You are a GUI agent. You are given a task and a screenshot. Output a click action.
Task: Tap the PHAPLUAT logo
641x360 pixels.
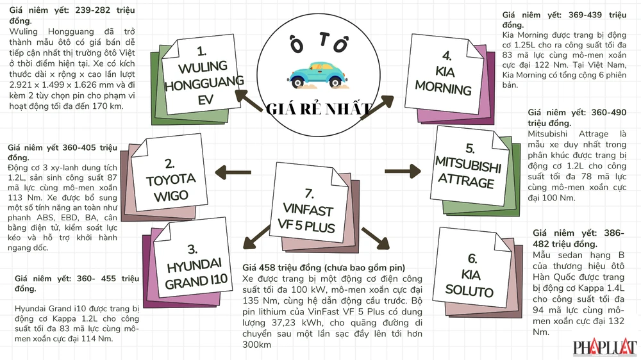pos(605,348)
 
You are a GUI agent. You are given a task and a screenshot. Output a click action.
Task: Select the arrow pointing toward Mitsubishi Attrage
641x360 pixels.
pos(401,171)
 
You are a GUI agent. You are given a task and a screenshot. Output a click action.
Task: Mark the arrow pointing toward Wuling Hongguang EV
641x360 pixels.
pos(247,97)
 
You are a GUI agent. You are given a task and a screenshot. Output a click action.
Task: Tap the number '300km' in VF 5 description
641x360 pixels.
pos(257,345)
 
